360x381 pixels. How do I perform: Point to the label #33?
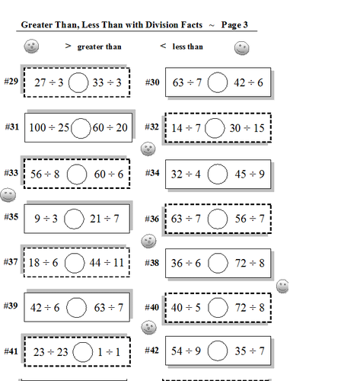tap(11, 173)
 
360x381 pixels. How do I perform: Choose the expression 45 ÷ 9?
tap(250, 173)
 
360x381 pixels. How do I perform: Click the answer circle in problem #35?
tap(74, 219)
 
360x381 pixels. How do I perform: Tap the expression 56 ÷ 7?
tap(248, 219)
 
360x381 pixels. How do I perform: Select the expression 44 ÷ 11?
tap(106, 263)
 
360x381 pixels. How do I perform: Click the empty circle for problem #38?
tap(217, 263)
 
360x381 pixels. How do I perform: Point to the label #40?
tap(151, 307)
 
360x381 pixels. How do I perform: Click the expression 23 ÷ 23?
tap(46, 351)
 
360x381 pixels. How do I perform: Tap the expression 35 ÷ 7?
tap(249, 351)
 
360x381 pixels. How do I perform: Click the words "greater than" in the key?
tap(99, 46)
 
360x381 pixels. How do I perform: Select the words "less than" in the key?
tap(188, 46)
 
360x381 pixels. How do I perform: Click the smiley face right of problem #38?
tap(283, 286)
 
